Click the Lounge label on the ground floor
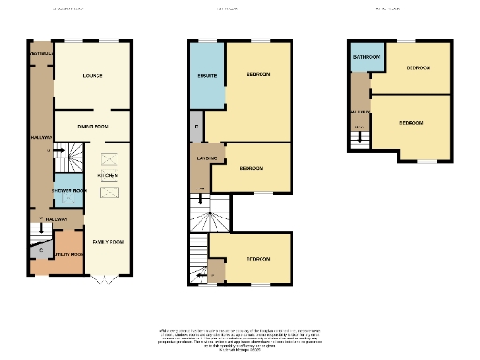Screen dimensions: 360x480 [92, 76]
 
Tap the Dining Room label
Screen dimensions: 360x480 [92, 125]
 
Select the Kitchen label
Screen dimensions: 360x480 [109, 175]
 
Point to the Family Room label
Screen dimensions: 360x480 [109, 241]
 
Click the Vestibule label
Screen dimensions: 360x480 [40, 54]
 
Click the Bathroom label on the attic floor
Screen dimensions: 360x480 [366, 57]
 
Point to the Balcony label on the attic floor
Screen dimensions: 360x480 [359, 111]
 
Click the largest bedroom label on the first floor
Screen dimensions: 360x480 [260, 74]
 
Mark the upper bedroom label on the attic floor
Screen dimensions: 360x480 [419, 68]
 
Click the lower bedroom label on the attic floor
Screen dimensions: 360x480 [412, 123]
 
